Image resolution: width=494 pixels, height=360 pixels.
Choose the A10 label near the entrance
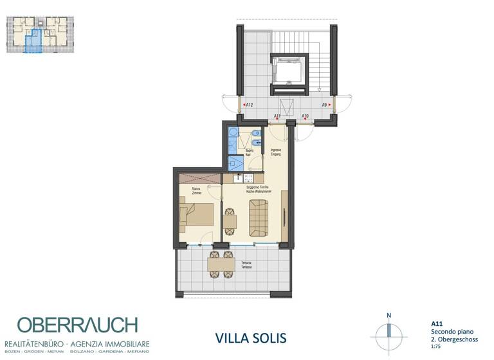(305, 116)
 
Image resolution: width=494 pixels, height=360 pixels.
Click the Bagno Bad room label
(248, 153)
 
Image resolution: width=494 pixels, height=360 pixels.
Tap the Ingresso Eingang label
(277, 152)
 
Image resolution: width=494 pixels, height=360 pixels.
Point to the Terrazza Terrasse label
(246, 265)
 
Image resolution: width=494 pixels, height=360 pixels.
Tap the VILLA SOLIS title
(249, 337)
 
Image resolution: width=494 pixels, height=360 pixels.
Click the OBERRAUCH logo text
(77, 325)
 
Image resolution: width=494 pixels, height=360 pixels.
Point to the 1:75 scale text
(435, 346)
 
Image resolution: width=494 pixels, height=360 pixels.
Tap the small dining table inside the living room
(230, 221)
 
